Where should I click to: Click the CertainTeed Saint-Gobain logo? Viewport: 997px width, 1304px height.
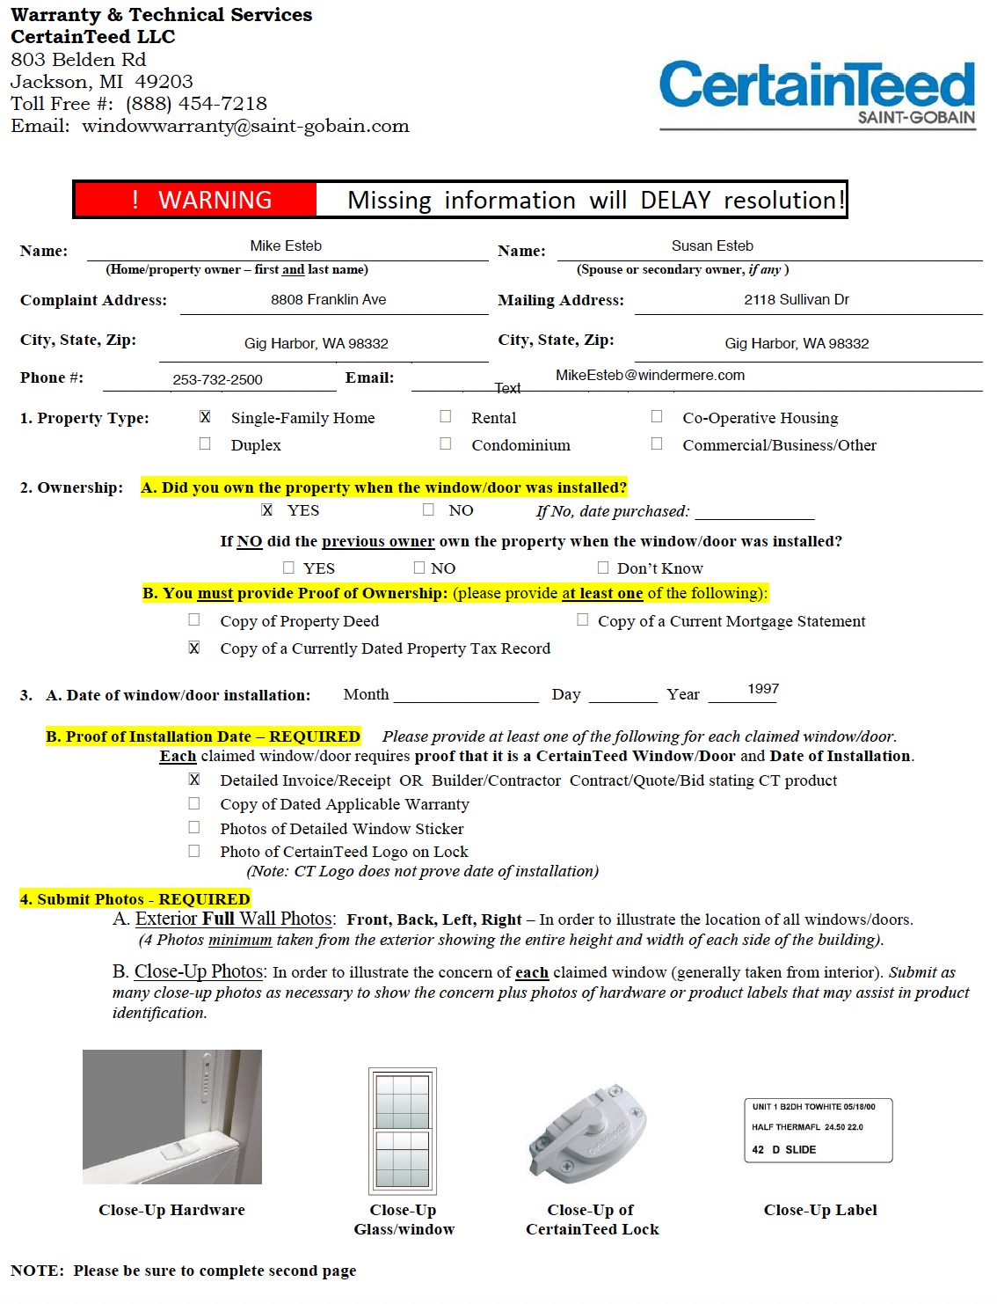click(x=817, y=95)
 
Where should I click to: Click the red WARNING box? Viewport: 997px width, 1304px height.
click(x=196, y=200)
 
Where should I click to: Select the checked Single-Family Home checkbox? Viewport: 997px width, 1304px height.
click(x=205, y=417)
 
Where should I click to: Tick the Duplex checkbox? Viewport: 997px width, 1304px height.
click(x=205, y=444)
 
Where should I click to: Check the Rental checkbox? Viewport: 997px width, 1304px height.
click(x=446, y=417)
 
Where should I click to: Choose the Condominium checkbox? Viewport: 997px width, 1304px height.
click(x=446, y=444)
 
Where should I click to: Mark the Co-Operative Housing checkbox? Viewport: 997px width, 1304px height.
click(x=657, y=417)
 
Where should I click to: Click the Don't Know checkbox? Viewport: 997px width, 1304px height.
click(x=603, y=568)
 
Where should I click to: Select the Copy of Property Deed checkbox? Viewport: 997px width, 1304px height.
click(x=194, y=620)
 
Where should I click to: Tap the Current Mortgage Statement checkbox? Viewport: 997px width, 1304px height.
click(x=582, y=620)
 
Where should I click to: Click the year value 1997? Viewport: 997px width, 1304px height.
click(x=763, y=689)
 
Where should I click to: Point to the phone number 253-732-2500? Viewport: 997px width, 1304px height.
click(x=217, y=379)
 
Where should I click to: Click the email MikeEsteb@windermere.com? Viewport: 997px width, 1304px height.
click(x=650, y=376)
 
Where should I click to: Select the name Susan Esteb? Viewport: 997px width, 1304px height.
click(x=712, y=245)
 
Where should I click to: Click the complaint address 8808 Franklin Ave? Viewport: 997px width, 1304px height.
click(x=328, y=300)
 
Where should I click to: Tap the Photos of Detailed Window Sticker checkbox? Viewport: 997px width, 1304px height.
click(x=194, y=827)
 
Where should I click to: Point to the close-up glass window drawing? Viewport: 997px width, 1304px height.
click(x=403, y=1130)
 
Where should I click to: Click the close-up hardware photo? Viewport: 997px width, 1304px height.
click(x=172, y=1117)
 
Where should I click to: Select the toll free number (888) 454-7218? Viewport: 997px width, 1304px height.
click(x=196, y=104)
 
